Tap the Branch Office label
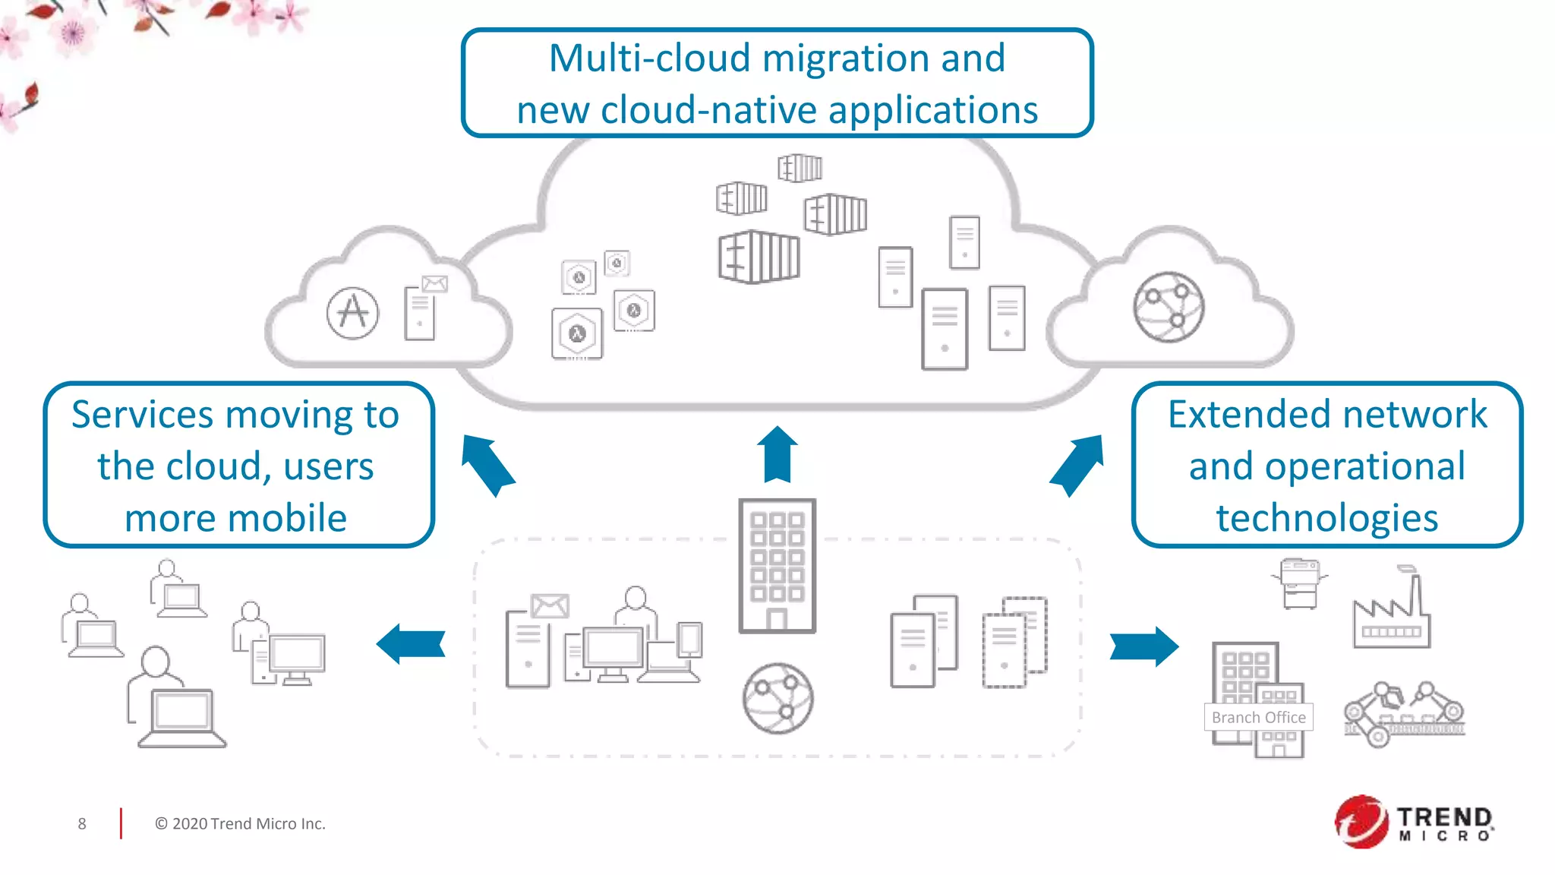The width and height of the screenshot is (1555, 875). (x=1258, y=717)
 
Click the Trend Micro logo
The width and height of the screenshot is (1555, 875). (x=1414, y=822)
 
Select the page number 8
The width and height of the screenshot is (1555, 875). (x=82, y=824)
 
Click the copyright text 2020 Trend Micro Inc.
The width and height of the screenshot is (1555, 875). (x=240, y=824)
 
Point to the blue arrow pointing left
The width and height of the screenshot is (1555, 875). (x=411, y=643)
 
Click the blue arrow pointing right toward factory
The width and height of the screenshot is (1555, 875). (x=1143, y=646)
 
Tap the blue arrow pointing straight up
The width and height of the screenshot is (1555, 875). (x=777, y=454)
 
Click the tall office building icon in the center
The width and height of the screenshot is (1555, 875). (x=777, y=566)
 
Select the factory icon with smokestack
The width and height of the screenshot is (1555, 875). (x=1391, y=612)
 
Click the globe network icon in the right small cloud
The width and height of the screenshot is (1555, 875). (x=1169, y=308)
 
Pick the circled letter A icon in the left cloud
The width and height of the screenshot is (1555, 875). (x=352, y=313)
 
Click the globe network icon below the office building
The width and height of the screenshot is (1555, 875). (x=777, y=698)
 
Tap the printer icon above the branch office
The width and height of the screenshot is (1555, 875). (x=1300, y=583)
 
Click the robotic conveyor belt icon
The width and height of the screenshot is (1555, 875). (x=1403, y=714)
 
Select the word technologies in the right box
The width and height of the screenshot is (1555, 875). (x=1326, y=518)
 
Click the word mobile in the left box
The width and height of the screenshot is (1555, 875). (x=289, y=518)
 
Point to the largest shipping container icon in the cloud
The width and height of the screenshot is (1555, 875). (x=759, y=257)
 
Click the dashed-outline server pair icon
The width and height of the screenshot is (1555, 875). (x=1014, y=642)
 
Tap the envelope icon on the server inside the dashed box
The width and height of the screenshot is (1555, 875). (x=550, y=605)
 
